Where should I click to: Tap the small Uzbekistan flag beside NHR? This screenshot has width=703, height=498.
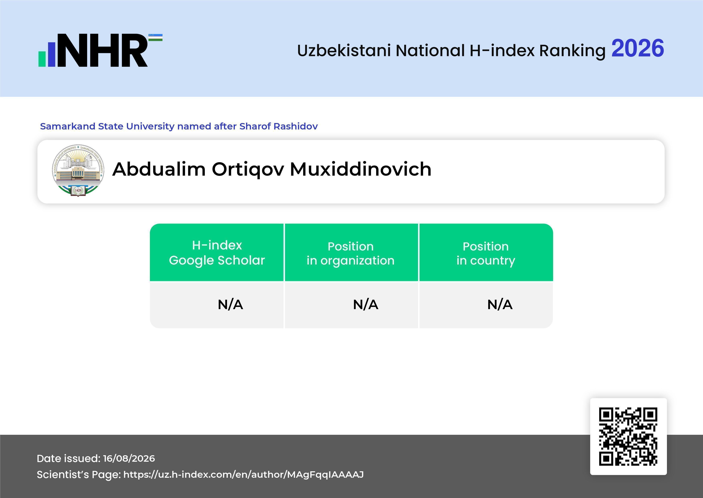tap(156, 37)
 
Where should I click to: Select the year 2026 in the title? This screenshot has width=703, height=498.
tap(637, 48)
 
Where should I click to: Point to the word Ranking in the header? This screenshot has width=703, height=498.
tap(572, 51)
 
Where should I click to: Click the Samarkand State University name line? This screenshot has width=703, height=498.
tap(179, 126)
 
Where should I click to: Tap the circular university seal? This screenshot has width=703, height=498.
tap(78, 170)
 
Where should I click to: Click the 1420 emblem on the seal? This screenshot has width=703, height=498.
tap(78, 190)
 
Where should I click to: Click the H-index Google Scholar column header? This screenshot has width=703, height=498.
tap(217, 253)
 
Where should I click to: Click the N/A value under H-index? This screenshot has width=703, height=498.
tap(230, 305)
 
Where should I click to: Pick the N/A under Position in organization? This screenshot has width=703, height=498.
tap(366, 305)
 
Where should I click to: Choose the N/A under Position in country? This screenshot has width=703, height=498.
tap(500, 305)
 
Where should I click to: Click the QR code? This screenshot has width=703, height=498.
tap(628, 436)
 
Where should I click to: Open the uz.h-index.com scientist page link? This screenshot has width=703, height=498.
tap(243, 474)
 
